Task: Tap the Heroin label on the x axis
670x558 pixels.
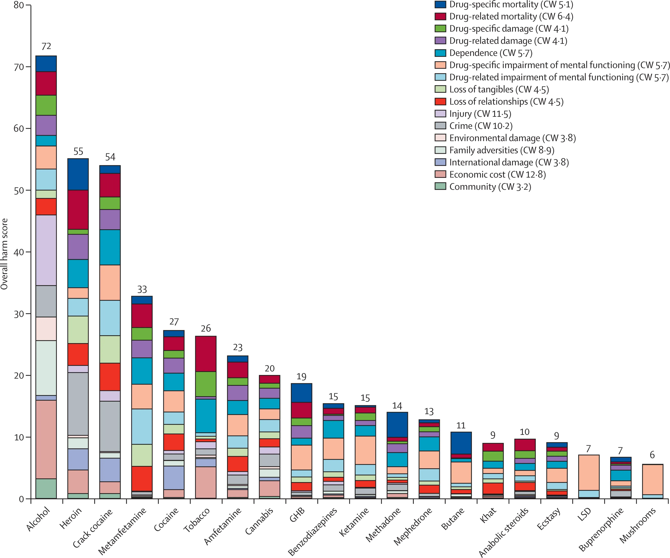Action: coord(71,518)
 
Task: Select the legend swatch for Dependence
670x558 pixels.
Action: coord(440,53)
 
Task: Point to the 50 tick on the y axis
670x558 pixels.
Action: coord(19,190)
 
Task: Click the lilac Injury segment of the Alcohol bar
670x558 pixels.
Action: coord(46,250)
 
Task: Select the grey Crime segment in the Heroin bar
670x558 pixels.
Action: coord(78,404)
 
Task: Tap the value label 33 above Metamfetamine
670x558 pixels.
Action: coord(142,290)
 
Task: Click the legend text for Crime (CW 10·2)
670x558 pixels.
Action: coord(481,126)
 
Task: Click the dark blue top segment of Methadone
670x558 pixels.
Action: coord(397,425)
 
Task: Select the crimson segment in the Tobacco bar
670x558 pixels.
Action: coord(206,354)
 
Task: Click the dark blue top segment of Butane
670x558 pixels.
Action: coord(461,443)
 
